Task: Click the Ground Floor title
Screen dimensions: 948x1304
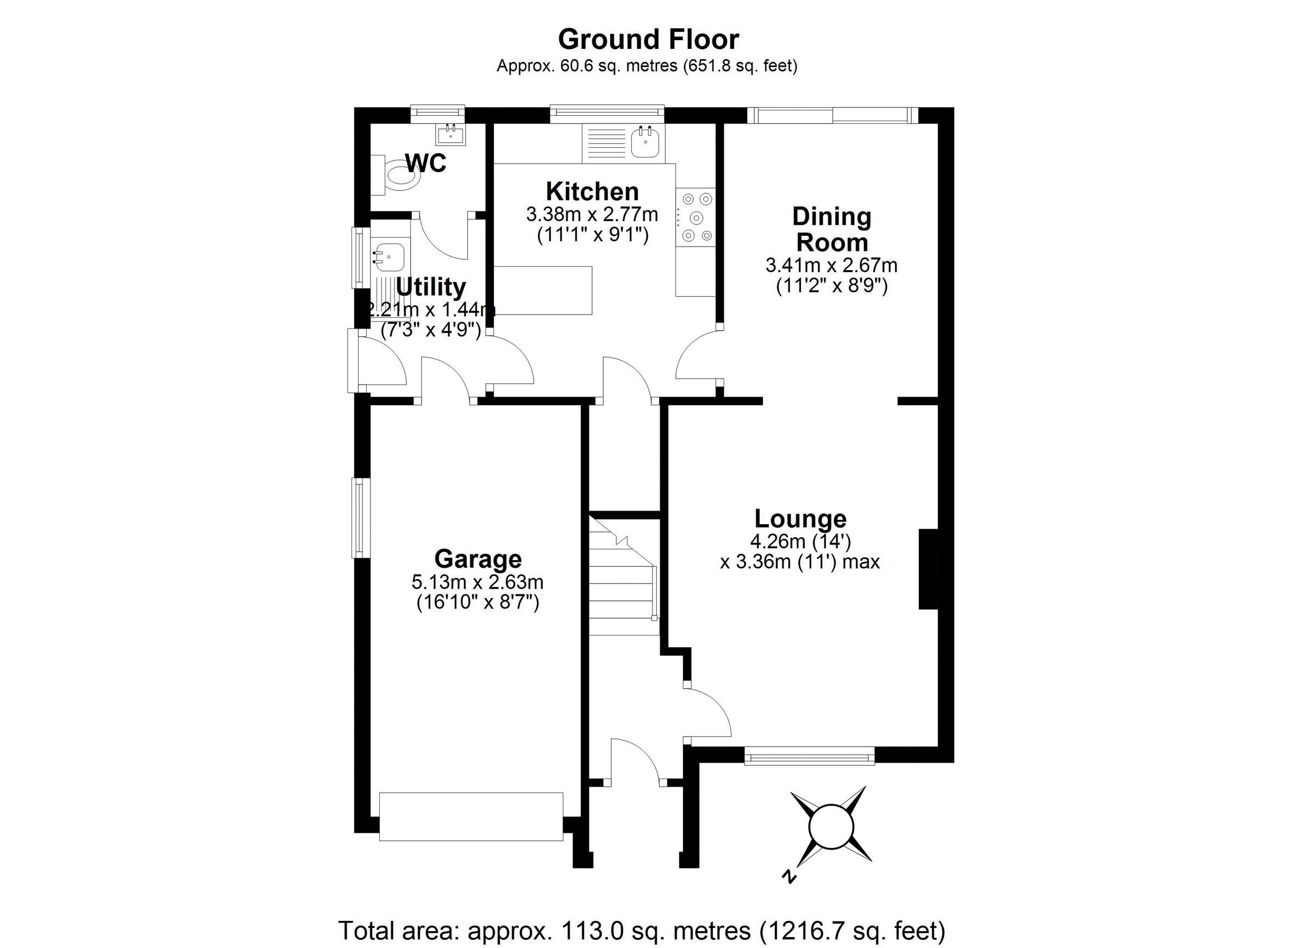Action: [648, 40]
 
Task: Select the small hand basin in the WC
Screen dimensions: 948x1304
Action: [452, 135]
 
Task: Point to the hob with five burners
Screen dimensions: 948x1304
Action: [695, 217]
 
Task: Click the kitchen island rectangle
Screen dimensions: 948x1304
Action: [543, 290]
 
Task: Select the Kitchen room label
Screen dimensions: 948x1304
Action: [592, 191]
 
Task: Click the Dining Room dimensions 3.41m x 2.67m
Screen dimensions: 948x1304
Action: [831, 266]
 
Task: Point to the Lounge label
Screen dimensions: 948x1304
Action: [800, 519]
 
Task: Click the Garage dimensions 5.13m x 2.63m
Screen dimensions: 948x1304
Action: [477, 582]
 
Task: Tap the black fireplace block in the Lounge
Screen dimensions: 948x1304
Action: [928, 569]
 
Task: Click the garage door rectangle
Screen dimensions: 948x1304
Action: [471, 817]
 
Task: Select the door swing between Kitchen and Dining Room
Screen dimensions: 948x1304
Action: [697, 356]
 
